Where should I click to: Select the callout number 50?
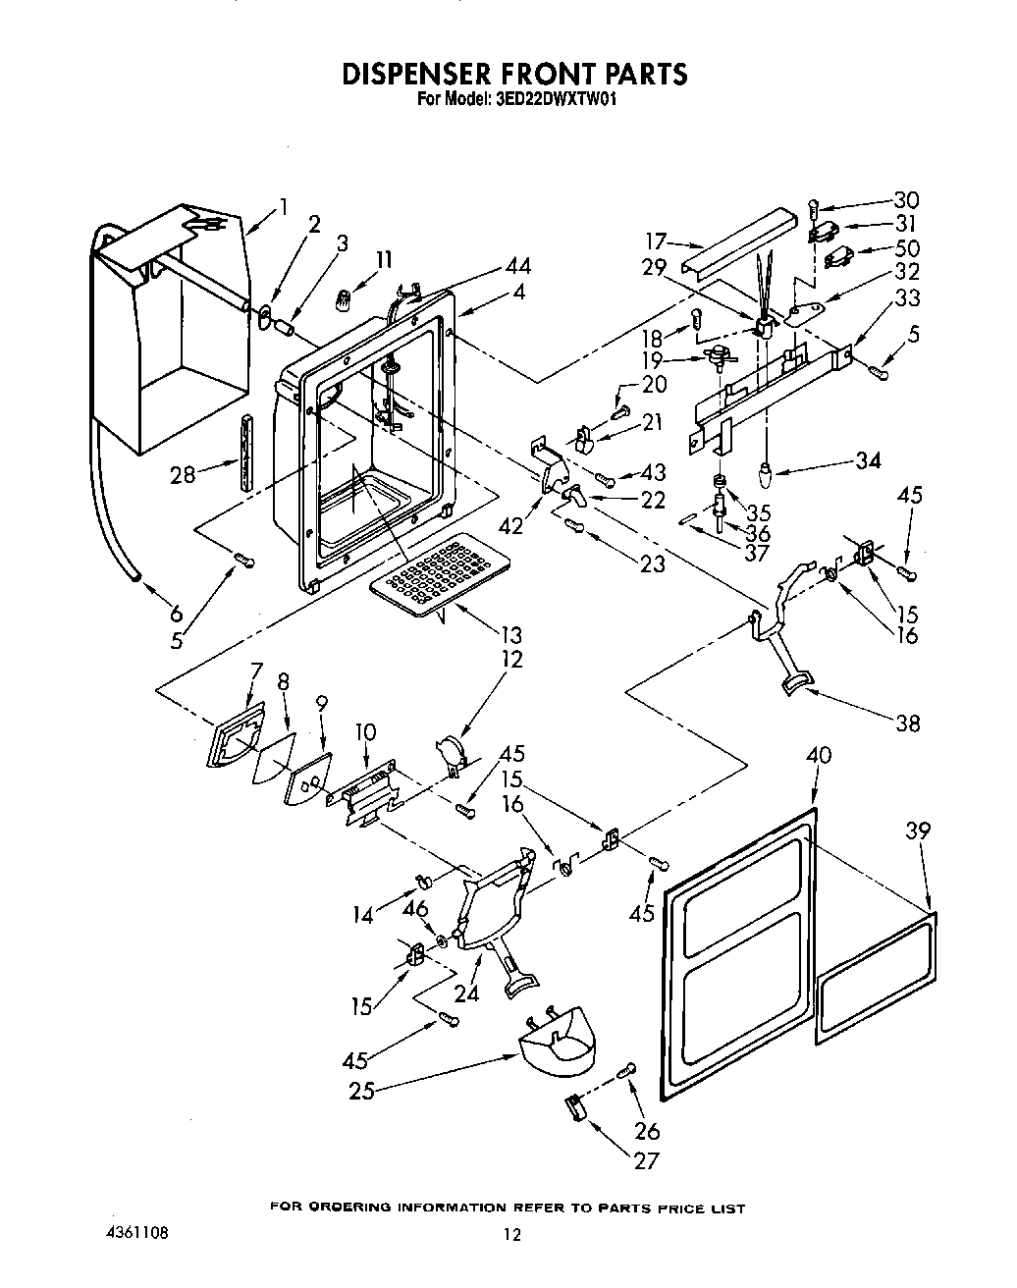(x=907, y=248)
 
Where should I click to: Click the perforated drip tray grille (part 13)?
(x=442, y=575)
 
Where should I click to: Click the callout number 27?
(x=645, y=1160)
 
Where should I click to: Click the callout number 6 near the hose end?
(x=176, y=614)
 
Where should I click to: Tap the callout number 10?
(x=365, y=731)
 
